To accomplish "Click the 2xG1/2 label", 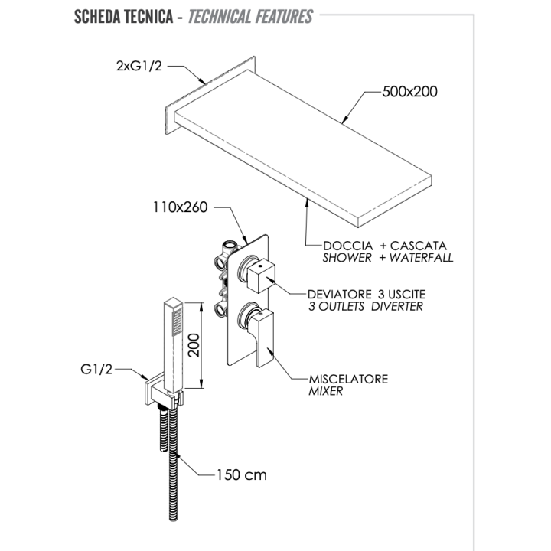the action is point(139,66).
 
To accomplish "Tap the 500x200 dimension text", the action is point(409,92).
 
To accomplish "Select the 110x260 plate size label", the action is point(181,207).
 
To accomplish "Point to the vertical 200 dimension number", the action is point(194,345).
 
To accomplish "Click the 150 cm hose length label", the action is point(241,475).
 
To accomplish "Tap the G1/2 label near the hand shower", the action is point(96,370).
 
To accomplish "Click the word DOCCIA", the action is point(348,246).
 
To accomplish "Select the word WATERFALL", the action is point(422,258).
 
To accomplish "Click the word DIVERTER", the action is point(397,306).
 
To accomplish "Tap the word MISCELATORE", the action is point(349,379).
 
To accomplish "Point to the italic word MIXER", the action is point(326,391).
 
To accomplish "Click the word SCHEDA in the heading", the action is point(95,17).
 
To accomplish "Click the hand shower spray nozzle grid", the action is point(178,321).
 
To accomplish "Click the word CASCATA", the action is point(418,246).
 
